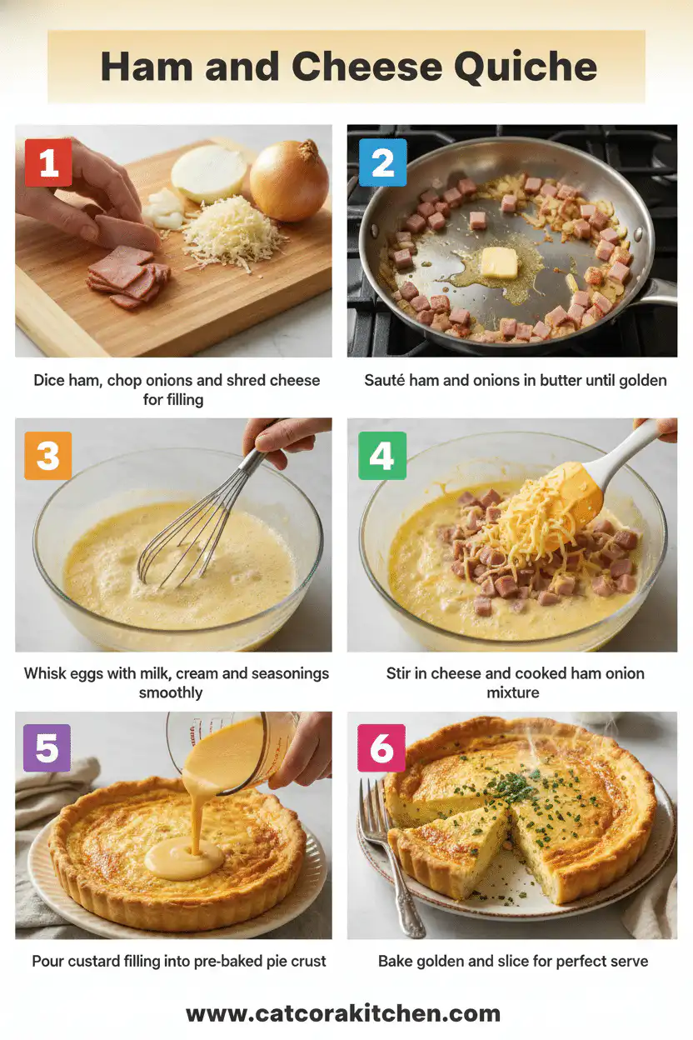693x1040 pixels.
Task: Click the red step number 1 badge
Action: [x=48, y=162]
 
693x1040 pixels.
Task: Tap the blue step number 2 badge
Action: [x=382, y=162]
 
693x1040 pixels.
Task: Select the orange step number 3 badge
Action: [x=48, y=456]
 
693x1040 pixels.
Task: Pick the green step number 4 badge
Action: [x=382, y=456]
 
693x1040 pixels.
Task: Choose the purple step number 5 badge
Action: [x=48, y=747]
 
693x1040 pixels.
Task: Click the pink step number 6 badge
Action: [x=382, y=747]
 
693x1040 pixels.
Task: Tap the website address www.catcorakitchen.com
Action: [x=343, y=1013]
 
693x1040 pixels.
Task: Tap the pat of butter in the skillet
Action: [x=499, y=262]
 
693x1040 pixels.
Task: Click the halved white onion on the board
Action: [x=208, y=172]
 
